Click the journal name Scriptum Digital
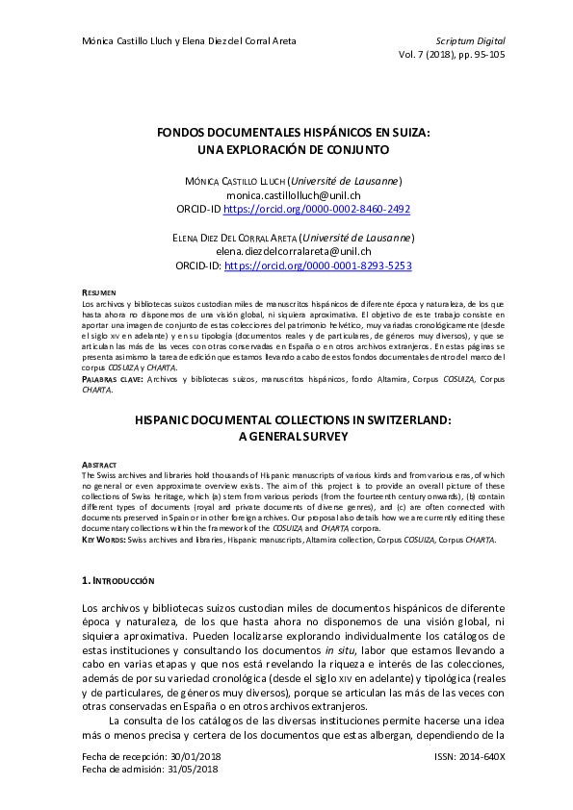470,41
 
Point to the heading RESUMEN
99,291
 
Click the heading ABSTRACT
100,463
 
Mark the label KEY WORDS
104,541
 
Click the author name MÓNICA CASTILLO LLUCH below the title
229,181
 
